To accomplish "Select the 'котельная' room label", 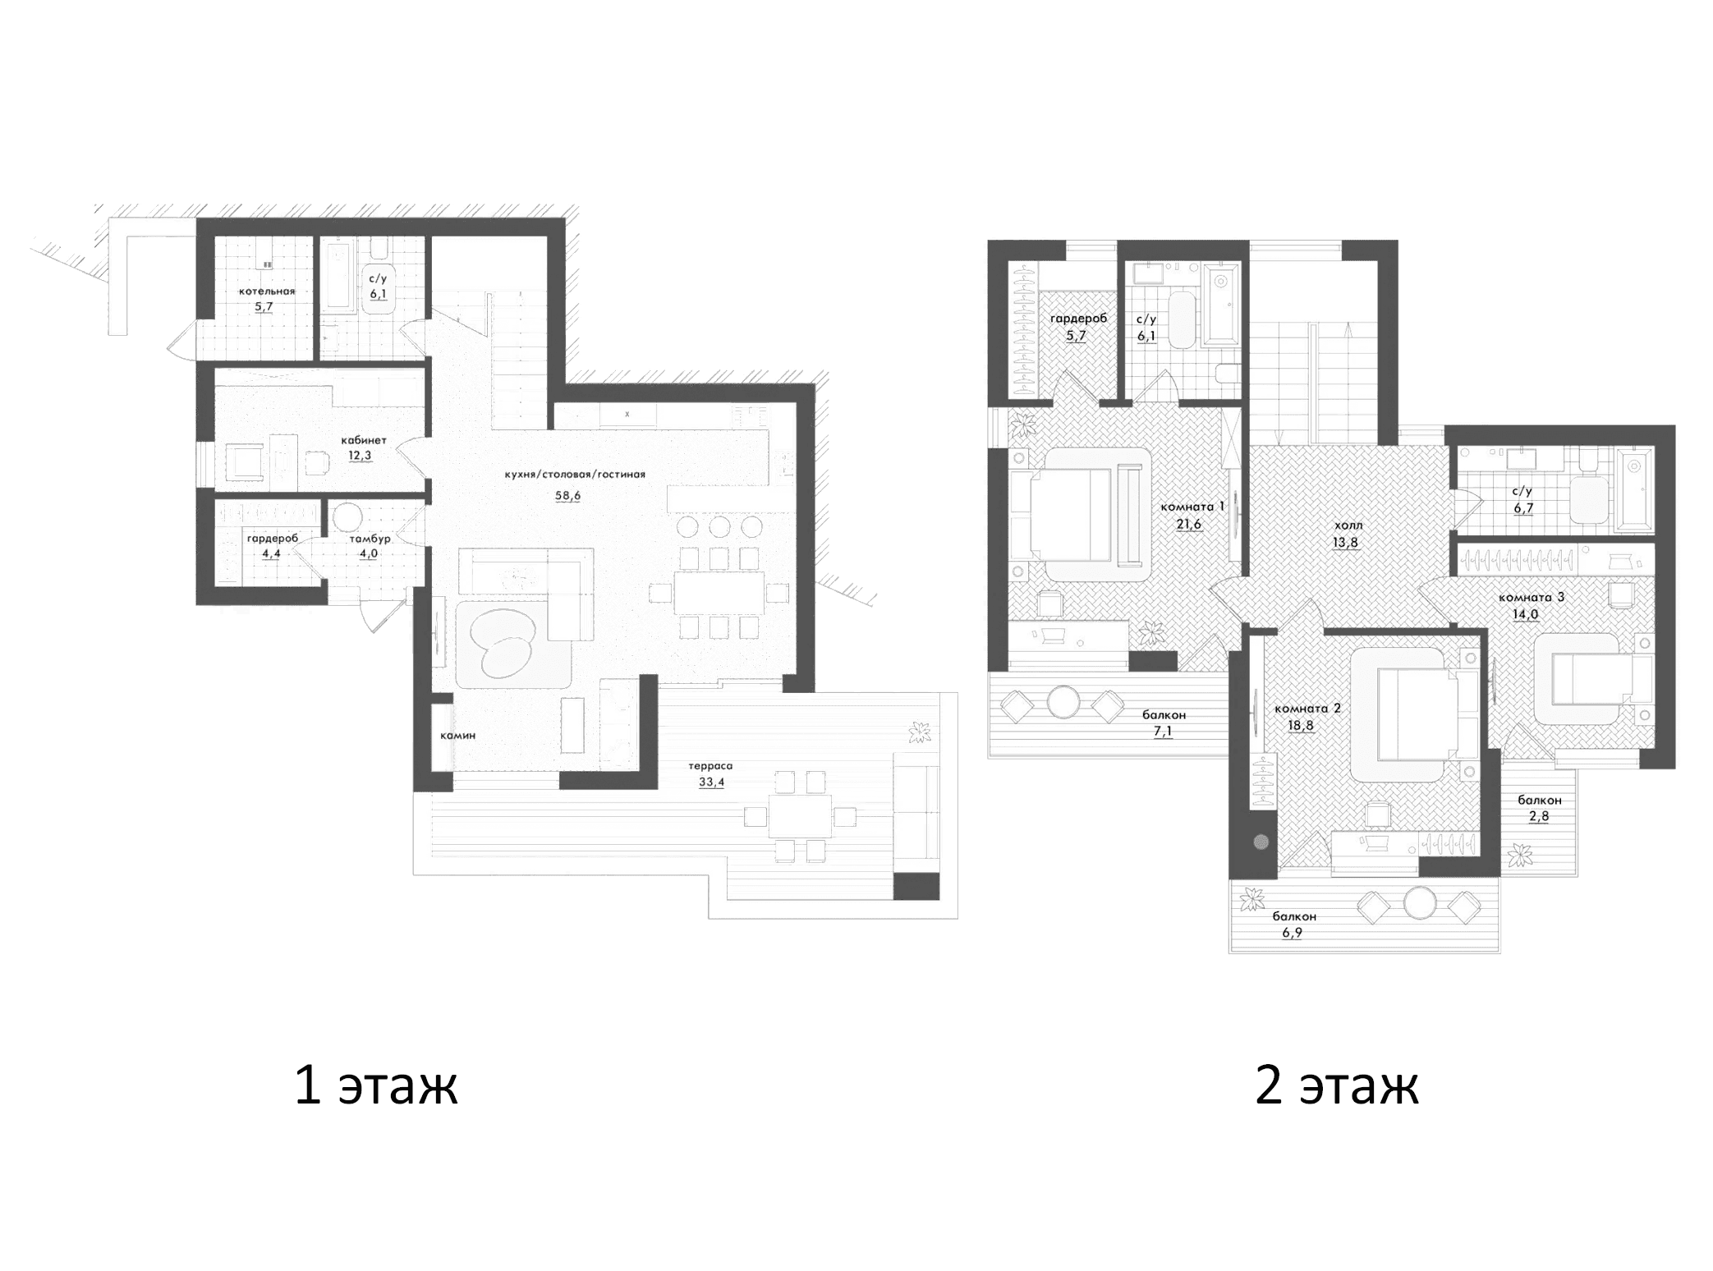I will (x=267, y=291).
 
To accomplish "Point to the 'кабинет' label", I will (x=364, y=440).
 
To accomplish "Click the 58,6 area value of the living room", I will (x=567, y=496).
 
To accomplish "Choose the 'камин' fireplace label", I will (x=457, y=736).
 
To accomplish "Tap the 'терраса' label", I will (x=711, y=766).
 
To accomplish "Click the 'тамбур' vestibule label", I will (x=369, y=539).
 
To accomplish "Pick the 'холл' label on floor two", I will (x=1348, y=525).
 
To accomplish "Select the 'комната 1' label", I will (x=1192, y=507).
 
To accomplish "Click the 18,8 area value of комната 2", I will (x=1301, y=725).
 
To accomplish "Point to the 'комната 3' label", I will (x=1532, y=597).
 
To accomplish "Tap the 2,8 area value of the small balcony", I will (x=1539, y=817).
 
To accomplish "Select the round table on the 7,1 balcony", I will (x=1063, y=703).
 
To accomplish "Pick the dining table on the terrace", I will (x=799, y=816).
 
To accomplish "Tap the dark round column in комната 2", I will (x=1261, y=842).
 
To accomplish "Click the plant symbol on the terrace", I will (x=920, y=732).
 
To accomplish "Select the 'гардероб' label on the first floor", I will (x=273, y=539).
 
